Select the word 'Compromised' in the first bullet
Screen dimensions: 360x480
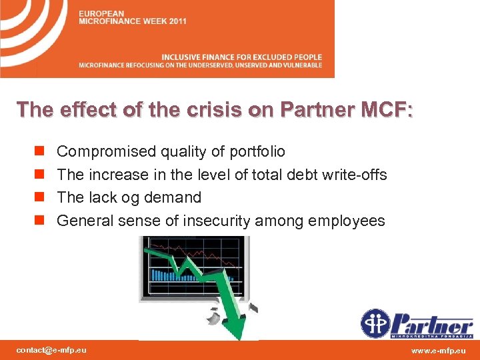coord(106,152)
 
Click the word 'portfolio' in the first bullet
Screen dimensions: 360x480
coord(257,152)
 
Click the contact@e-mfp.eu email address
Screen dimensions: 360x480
coord(51,350)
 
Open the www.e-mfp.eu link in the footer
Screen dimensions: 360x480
coord(439,350)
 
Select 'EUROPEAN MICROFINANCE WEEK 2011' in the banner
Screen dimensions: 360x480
coord(132,17)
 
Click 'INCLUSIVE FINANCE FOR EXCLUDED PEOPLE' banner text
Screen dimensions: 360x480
coord(241,57)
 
